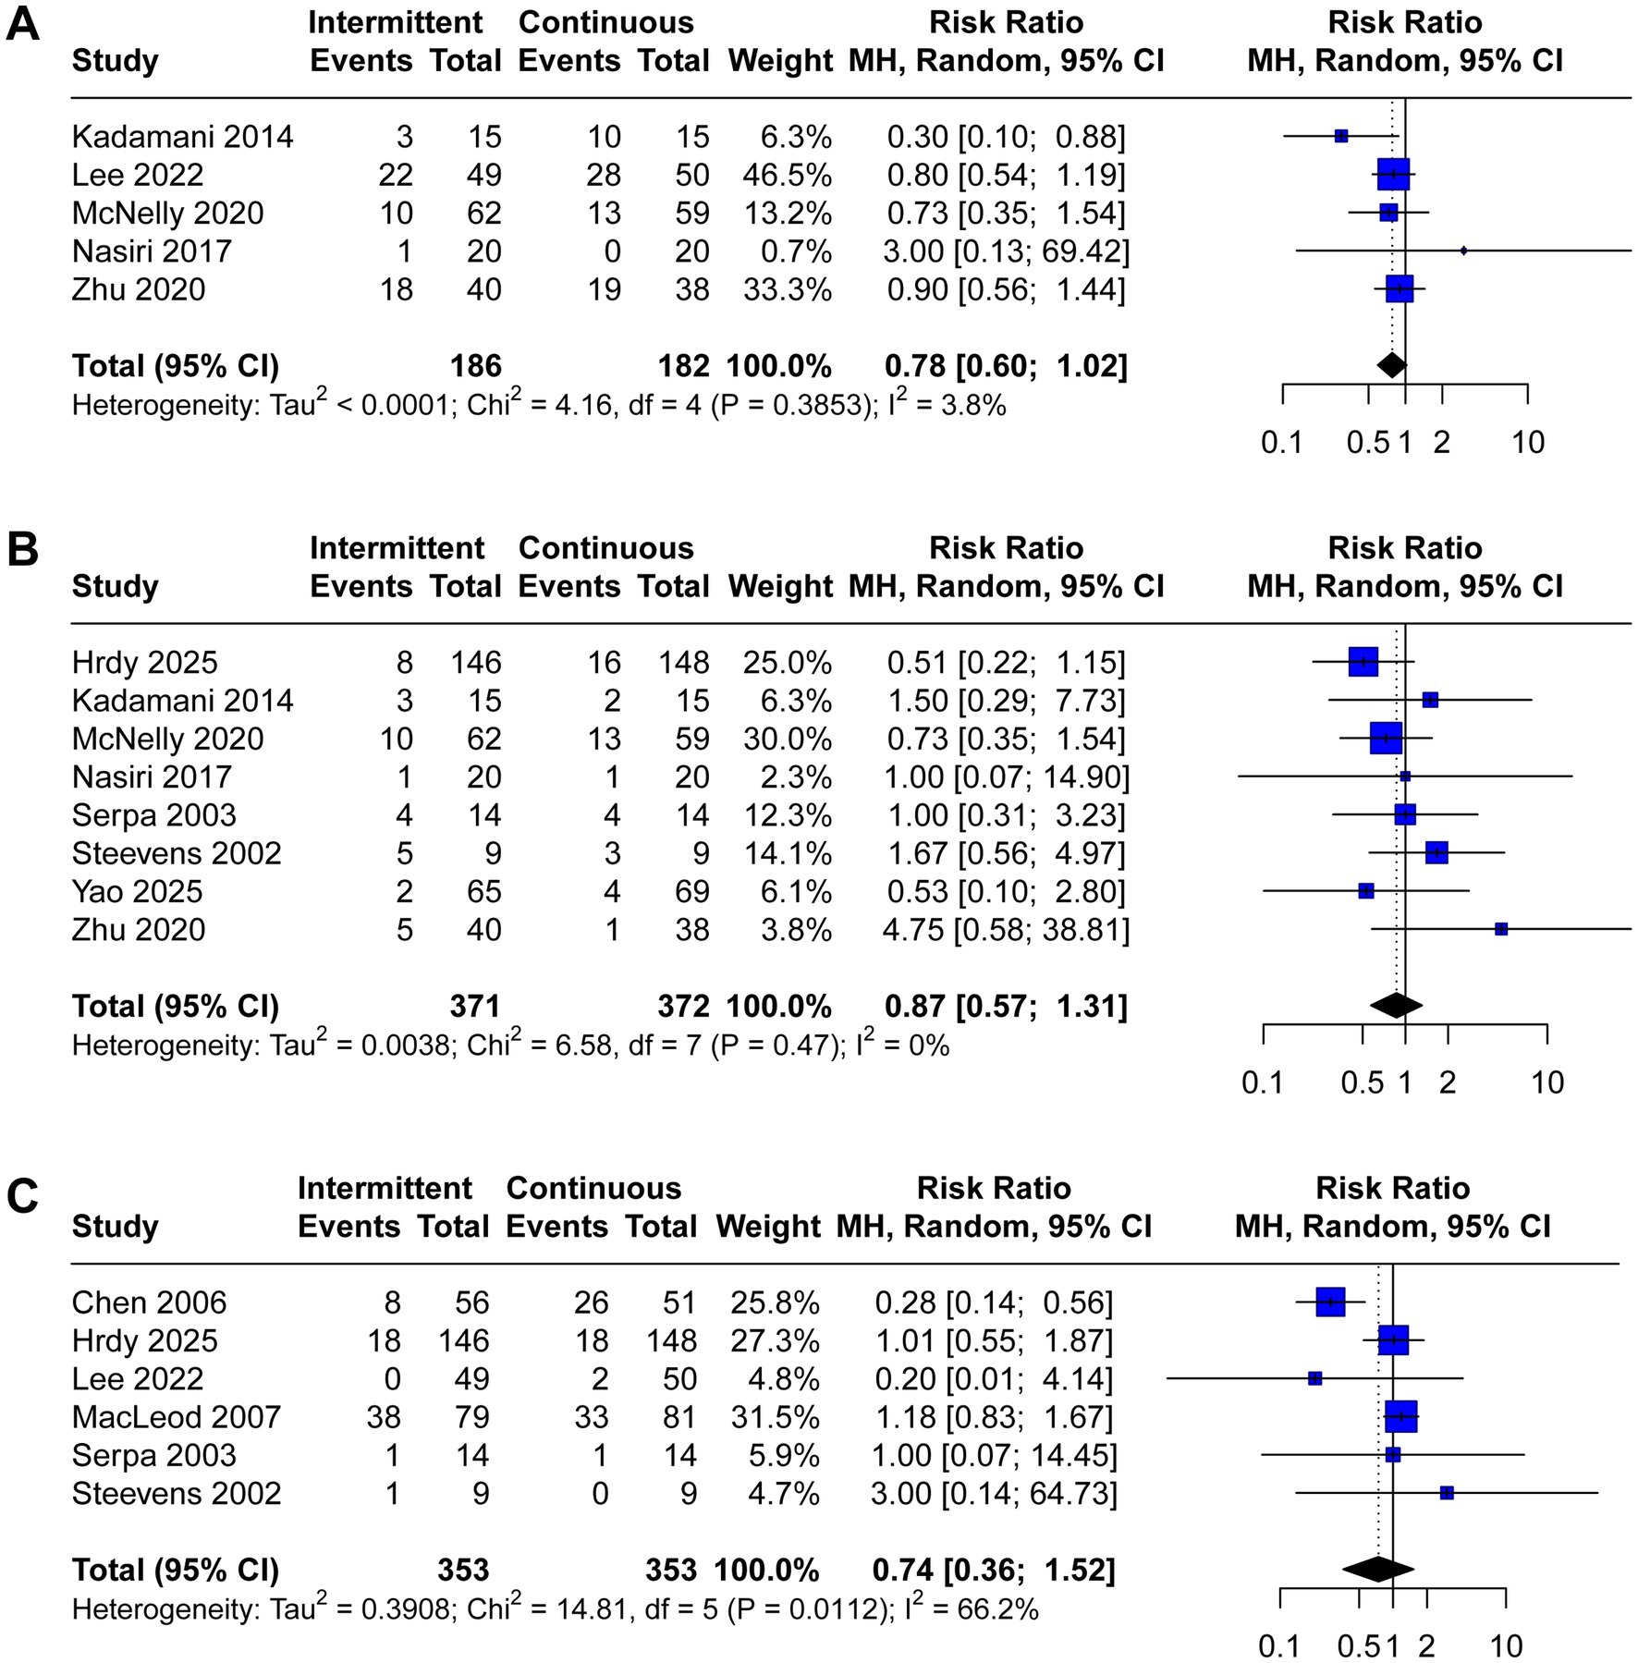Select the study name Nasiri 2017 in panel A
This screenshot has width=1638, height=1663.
(x=151, y=251)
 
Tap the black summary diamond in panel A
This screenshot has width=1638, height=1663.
(x=1391, y=365)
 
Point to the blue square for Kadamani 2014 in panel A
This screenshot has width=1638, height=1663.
(x=1341, y=137)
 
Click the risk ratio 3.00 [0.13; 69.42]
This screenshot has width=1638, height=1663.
(x=1006, y=251)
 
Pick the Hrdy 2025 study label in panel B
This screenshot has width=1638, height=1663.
(x=144, y=663)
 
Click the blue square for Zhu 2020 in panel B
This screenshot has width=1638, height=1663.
(x=1501, y=929)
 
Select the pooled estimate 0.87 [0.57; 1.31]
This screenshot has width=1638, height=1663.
(x=1006, y=1006)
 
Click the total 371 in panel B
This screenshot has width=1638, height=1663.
(x=475, y=1006)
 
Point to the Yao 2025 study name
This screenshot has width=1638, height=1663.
(x=137, y=891)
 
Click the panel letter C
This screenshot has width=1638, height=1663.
(x=22, y=1196)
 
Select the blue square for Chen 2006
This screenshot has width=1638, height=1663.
(x=1330, y=1302)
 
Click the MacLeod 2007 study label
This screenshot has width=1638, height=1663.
(x=176, y=1416)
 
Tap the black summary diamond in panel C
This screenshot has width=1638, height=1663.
(x=1378, y=1569)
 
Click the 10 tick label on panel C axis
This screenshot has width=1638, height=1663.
(x=1506, y=1645)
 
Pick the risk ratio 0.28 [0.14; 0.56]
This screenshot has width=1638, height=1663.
(x=994, y=1302)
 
